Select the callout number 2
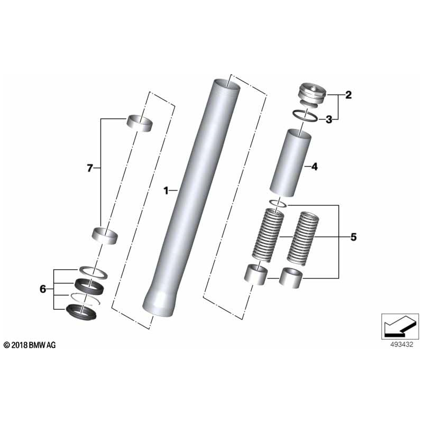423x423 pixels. pos(348,96)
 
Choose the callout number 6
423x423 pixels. pos(43,289)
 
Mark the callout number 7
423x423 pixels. pos(90,169)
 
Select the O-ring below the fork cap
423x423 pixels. pos(305,115)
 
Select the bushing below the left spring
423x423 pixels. pos(255,274)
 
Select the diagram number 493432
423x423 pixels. pos(397,344)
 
